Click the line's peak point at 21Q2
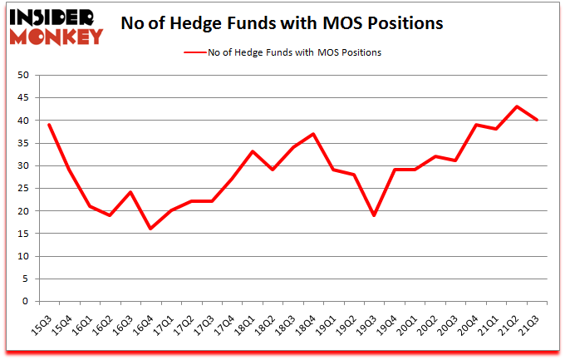pos(517,106)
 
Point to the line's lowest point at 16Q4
pos(151,229)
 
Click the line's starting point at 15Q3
pos(49,125)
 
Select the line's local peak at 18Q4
pos(312,134)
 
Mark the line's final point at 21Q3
pos(538,120)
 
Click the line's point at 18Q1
pos(253,151)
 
